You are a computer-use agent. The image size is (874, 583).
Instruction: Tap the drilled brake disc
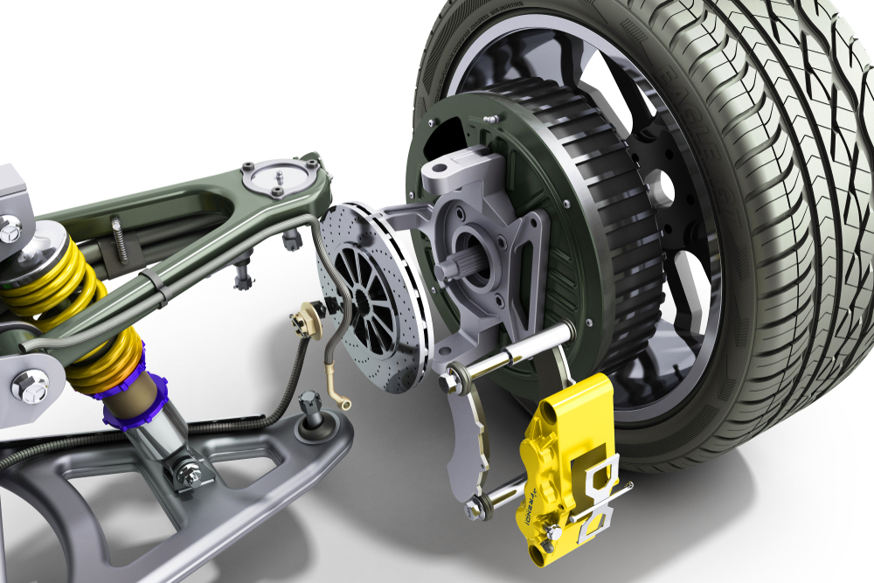pyautogui.click(x=367, y=288)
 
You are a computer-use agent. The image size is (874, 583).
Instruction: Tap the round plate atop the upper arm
pyautogui.click(x=275, y=179)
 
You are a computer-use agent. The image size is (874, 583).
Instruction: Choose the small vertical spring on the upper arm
pyautogui.click(x=118, y=237)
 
